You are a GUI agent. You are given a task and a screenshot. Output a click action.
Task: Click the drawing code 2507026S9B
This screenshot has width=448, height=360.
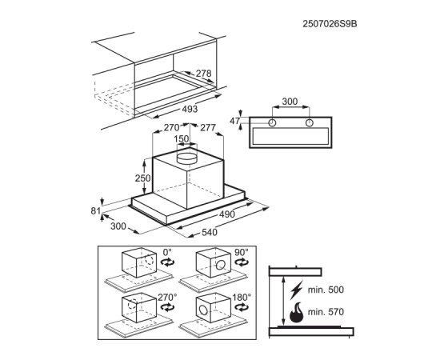(330, 24)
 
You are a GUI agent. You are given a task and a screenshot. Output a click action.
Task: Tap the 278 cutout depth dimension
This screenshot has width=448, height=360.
(203, 74)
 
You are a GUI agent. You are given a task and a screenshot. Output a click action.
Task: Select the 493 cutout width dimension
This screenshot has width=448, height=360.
(190, 109)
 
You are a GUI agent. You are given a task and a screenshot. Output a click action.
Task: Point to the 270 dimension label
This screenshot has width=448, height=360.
(171, 127)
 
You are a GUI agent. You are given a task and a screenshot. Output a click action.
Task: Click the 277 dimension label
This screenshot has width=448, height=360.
(208, 127)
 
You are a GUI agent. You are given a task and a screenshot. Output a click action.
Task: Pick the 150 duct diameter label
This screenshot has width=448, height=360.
(182, 139)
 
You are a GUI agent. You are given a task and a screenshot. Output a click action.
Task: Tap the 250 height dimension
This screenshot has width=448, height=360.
(142, 178)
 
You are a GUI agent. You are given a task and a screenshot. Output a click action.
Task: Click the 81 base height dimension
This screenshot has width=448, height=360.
(96, 211)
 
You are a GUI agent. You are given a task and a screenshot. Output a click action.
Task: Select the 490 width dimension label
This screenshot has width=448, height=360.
(227, 214)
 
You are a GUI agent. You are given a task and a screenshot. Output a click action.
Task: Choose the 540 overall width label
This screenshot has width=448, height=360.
(210, 232)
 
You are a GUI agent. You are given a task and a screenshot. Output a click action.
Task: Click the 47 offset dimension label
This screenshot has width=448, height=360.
(235, 121)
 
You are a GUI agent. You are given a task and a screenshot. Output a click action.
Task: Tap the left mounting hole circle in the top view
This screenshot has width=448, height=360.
(272, 123)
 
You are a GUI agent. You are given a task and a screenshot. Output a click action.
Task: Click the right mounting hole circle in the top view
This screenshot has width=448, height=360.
(310, 123)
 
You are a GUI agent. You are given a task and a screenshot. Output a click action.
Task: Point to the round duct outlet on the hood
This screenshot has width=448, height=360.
(187, 158)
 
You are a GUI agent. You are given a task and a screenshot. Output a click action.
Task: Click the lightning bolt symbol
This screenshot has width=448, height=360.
(296, 290)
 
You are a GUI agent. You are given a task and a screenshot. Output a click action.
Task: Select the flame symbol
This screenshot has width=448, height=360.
(297, 312)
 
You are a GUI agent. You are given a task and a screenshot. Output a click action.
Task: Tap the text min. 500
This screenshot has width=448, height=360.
(326, 290)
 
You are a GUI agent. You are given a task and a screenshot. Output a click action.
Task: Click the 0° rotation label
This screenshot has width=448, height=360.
(167, 253)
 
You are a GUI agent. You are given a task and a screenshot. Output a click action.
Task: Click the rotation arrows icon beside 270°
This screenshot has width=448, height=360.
(168, 307)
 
